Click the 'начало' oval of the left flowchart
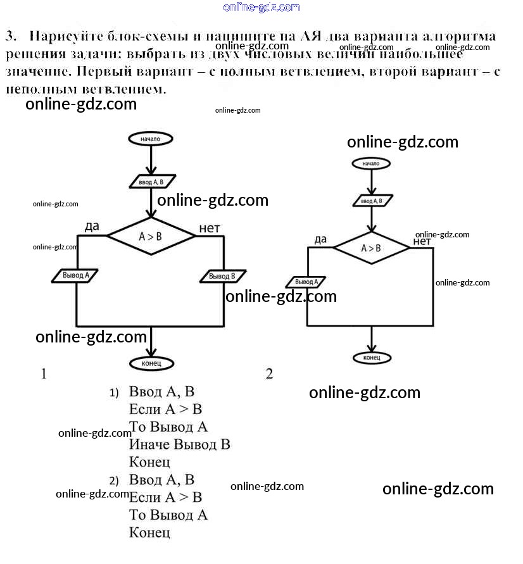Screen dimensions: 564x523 150,139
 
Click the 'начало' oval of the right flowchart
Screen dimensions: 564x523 371,163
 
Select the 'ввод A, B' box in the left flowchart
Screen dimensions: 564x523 151,182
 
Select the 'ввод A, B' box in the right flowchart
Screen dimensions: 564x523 372,201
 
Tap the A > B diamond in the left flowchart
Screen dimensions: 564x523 151,237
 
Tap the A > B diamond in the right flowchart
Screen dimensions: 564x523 372,248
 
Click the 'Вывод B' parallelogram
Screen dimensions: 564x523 222,277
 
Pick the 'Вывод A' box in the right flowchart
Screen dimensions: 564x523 306,282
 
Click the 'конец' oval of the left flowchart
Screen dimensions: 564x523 151,363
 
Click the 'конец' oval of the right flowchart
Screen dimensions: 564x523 372,358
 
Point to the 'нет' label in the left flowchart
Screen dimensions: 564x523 209,228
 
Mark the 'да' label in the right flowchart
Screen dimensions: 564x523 320,239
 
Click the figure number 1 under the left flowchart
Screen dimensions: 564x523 44,374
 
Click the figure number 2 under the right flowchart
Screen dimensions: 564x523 269,374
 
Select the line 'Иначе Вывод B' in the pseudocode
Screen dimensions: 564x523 179,444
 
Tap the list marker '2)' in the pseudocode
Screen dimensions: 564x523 114,479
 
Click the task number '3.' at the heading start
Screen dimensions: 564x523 11,37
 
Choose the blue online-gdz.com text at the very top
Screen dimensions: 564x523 261,7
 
